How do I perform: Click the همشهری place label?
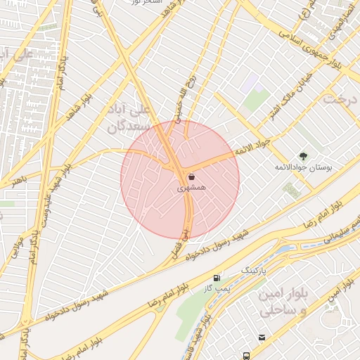click(192, 188)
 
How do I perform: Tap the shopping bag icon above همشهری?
click(192, 177)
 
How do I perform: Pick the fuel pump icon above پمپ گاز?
click(216, 277)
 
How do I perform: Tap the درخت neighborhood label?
click(341, 98)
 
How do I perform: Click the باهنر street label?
click(18, 181)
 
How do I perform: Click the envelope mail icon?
click(262, 338)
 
